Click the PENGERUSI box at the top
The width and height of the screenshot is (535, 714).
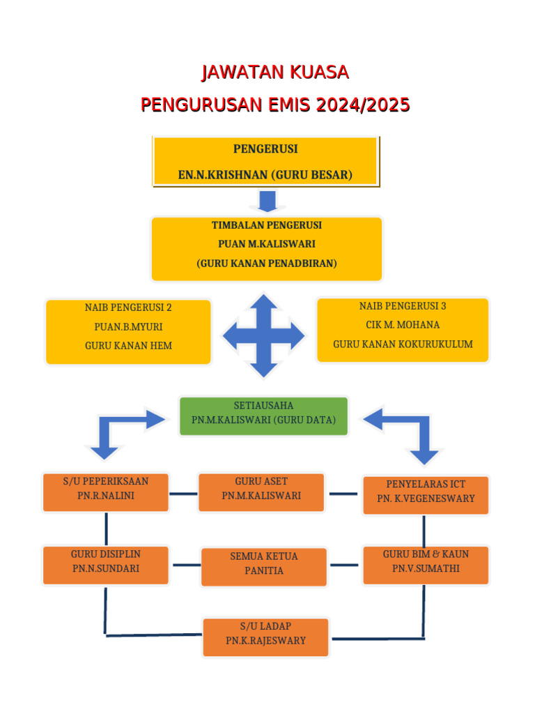click(265, 162)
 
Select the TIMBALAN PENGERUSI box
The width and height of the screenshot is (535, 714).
click(266, 248)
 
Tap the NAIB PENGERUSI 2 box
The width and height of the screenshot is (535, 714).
click(128, 331)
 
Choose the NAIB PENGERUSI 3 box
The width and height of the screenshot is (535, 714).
click(403, 330)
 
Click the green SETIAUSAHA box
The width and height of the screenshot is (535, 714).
click(263, 416)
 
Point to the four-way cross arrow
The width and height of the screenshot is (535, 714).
click(263, 336)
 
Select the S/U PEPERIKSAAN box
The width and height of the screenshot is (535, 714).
click(106, 492)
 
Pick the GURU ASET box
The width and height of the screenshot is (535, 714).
click(261, 492)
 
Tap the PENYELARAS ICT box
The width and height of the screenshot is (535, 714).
click(426, 494)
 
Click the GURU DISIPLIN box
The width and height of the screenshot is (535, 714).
click(106, 565)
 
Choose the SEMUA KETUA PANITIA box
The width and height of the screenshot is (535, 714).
click(263, 567)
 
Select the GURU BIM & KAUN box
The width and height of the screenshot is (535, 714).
click(426, 565)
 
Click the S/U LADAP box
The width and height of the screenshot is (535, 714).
click(265, 637)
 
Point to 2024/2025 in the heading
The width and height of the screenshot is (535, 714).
click(362, 105)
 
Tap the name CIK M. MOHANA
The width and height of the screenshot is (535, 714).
click(403, 325)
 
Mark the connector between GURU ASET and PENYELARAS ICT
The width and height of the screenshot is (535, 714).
click(343, 494)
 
